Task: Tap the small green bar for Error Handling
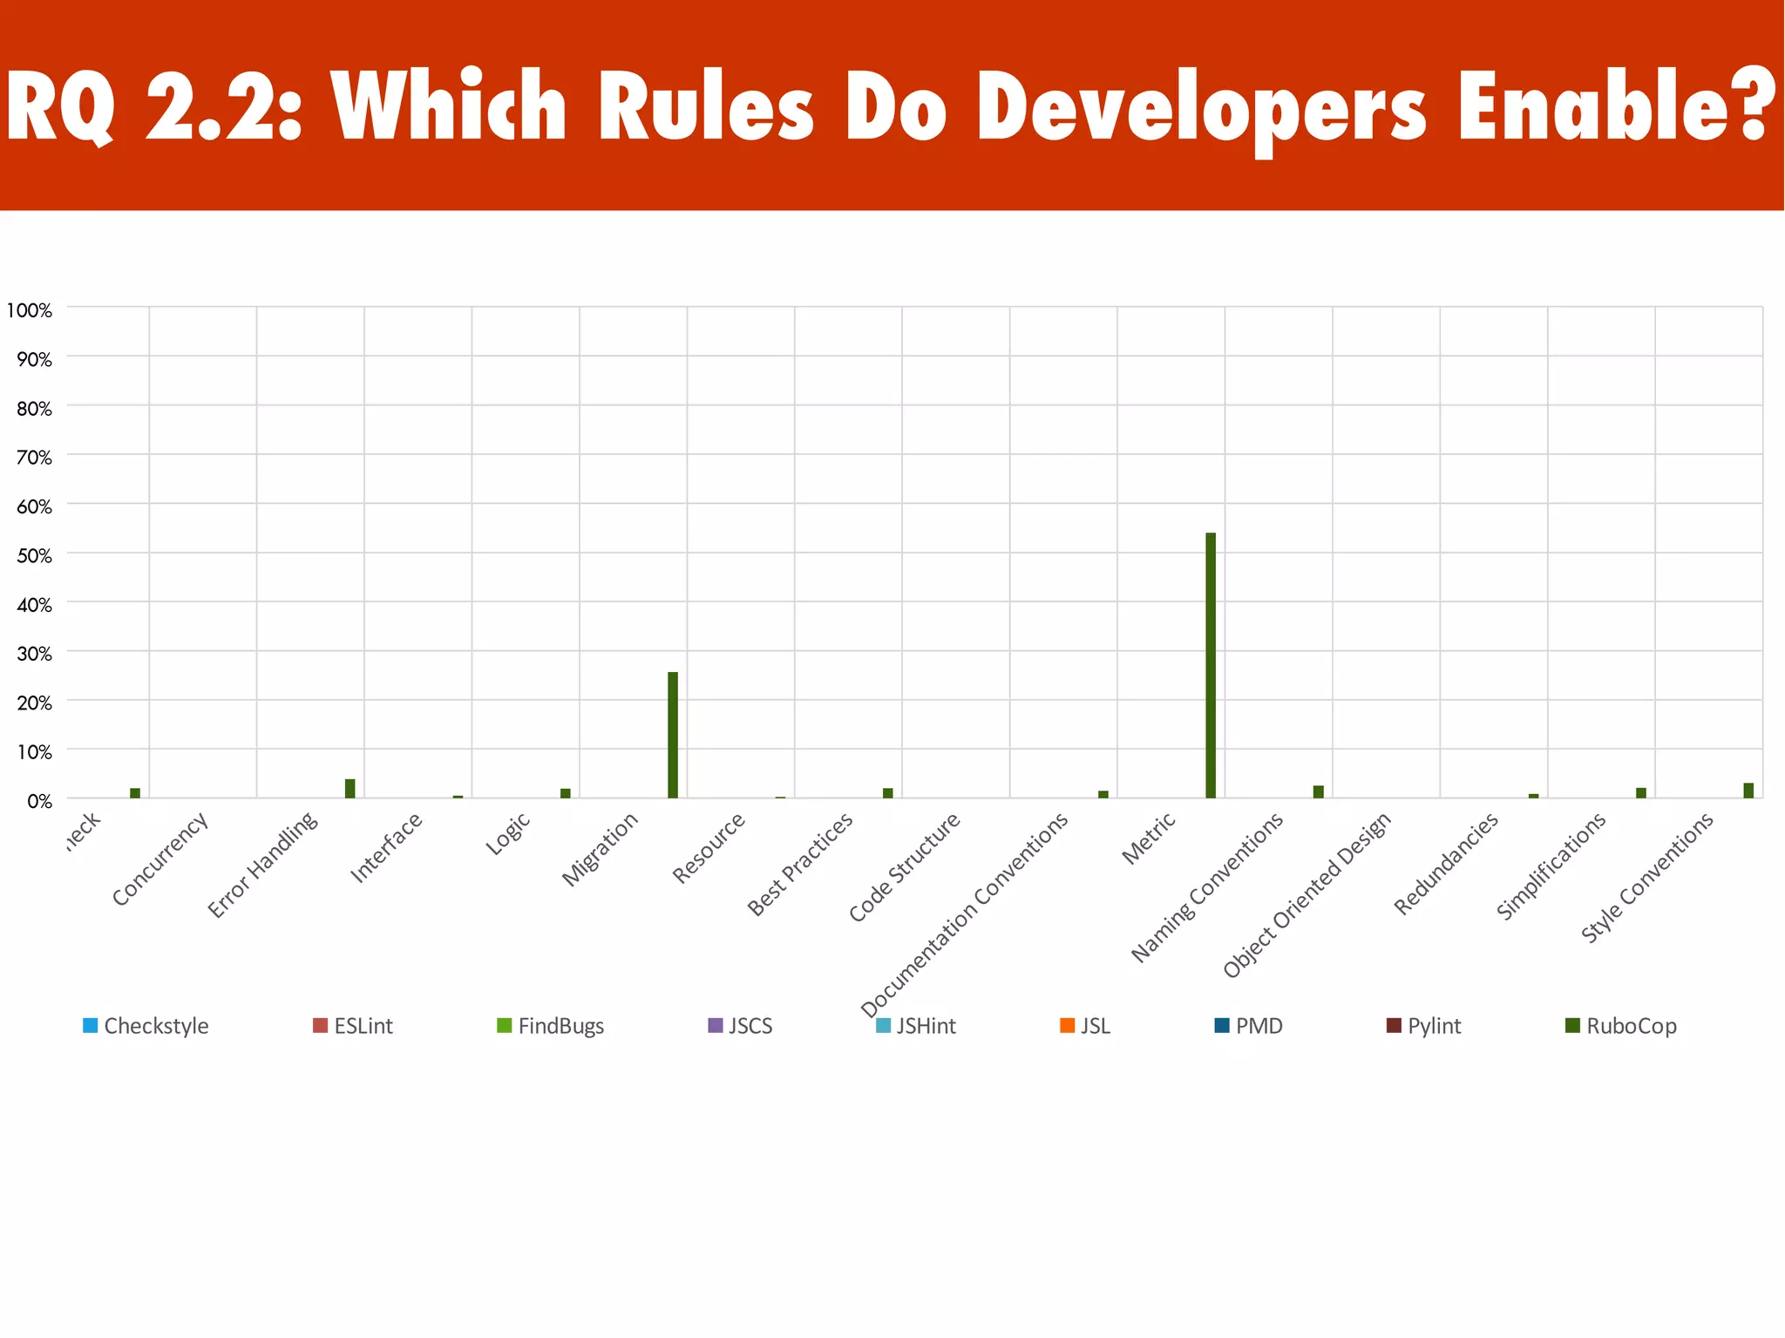coord(350,788)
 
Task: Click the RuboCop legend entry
coord(1621,1026)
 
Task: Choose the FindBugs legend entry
coord(551,1026)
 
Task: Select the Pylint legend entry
coord(1424,1026)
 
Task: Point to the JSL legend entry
coord(1086,1026)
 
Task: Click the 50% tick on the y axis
coord(34,555)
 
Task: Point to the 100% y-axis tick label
coord(30,310)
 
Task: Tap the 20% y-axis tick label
coord(34,703)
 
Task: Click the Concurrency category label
coord(161,858)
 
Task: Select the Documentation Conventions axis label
coord(966,914)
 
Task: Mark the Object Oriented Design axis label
coord(1307,893)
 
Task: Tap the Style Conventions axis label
coord(1647,876)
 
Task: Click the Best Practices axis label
coord(801,863)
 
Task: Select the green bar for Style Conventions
coord(1748,790)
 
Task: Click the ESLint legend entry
coord(353,1026)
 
